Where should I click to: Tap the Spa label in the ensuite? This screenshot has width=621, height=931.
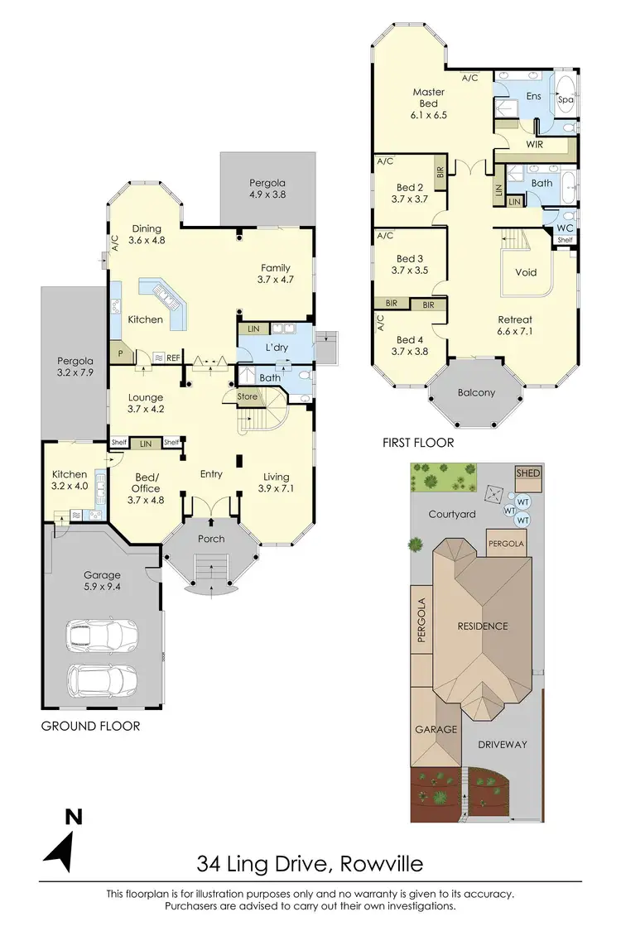coord(566,99)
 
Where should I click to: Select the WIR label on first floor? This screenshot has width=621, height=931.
coord(534,144)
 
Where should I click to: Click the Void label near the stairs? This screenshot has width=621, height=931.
coord(526,271)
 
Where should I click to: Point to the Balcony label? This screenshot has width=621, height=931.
coord(476,392)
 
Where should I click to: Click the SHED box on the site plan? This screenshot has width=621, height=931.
coord(527,473)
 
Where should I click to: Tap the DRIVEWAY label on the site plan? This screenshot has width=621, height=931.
coord(503,744)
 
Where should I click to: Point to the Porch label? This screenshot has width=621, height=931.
coord(211,540)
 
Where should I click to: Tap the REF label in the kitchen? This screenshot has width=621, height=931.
coord(173,358)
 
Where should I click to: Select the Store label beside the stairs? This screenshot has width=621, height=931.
coord(248,397)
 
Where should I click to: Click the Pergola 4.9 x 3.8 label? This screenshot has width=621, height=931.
coord(267,189)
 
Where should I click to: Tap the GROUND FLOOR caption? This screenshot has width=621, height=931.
coord(89,726)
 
